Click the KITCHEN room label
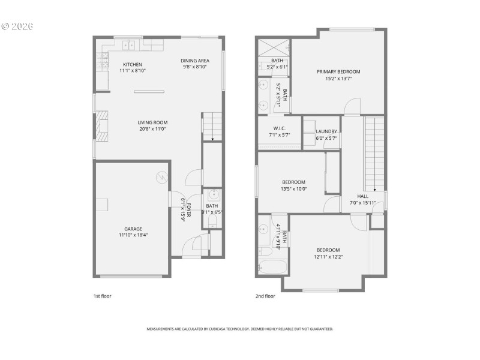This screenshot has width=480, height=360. point(133,64)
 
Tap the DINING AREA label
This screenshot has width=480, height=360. point(195,61)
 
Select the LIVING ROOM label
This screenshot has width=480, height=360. point(152,122)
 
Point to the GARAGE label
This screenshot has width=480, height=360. point(133,229)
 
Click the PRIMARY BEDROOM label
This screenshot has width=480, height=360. point(343,71)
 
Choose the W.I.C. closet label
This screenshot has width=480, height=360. point(279,128)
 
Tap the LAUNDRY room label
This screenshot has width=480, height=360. point(326,131)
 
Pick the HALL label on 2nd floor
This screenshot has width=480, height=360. point(362,196)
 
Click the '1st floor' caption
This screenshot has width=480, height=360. point(102,296)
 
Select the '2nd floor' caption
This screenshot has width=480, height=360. point(265,296)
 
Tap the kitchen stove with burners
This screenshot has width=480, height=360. point(102,60)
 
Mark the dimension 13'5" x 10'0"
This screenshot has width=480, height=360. point(294,189)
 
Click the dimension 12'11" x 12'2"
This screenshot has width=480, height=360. point(328,257)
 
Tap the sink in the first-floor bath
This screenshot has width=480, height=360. point(214,196)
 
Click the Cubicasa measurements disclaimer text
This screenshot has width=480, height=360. point(240,329)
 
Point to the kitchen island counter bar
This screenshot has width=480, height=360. point(149,92)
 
